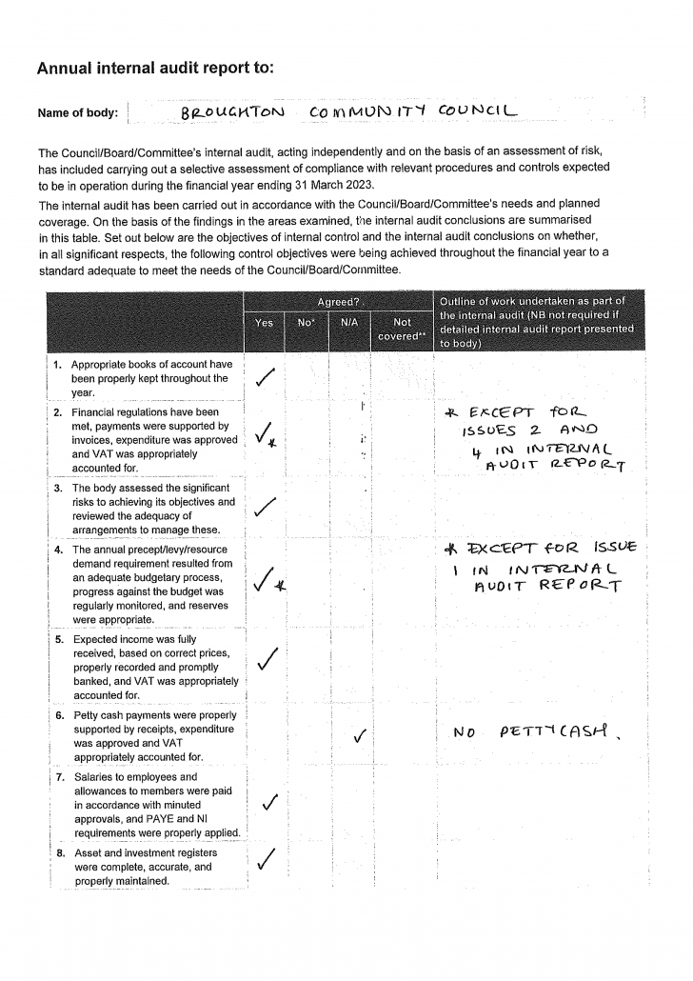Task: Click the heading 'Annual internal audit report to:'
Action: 155,68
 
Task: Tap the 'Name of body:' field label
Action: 78,113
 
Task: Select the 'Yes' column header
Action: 265,323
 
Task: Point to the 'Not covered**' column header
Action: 403,329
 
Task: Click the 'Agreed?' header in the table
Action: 337,302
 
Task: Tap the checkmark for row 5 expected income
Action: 268,657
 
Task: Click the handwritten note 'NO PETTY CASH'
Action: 535,733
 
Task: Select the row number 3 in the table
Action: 58,488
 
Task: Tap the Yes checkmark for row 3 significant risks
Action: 267,509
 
